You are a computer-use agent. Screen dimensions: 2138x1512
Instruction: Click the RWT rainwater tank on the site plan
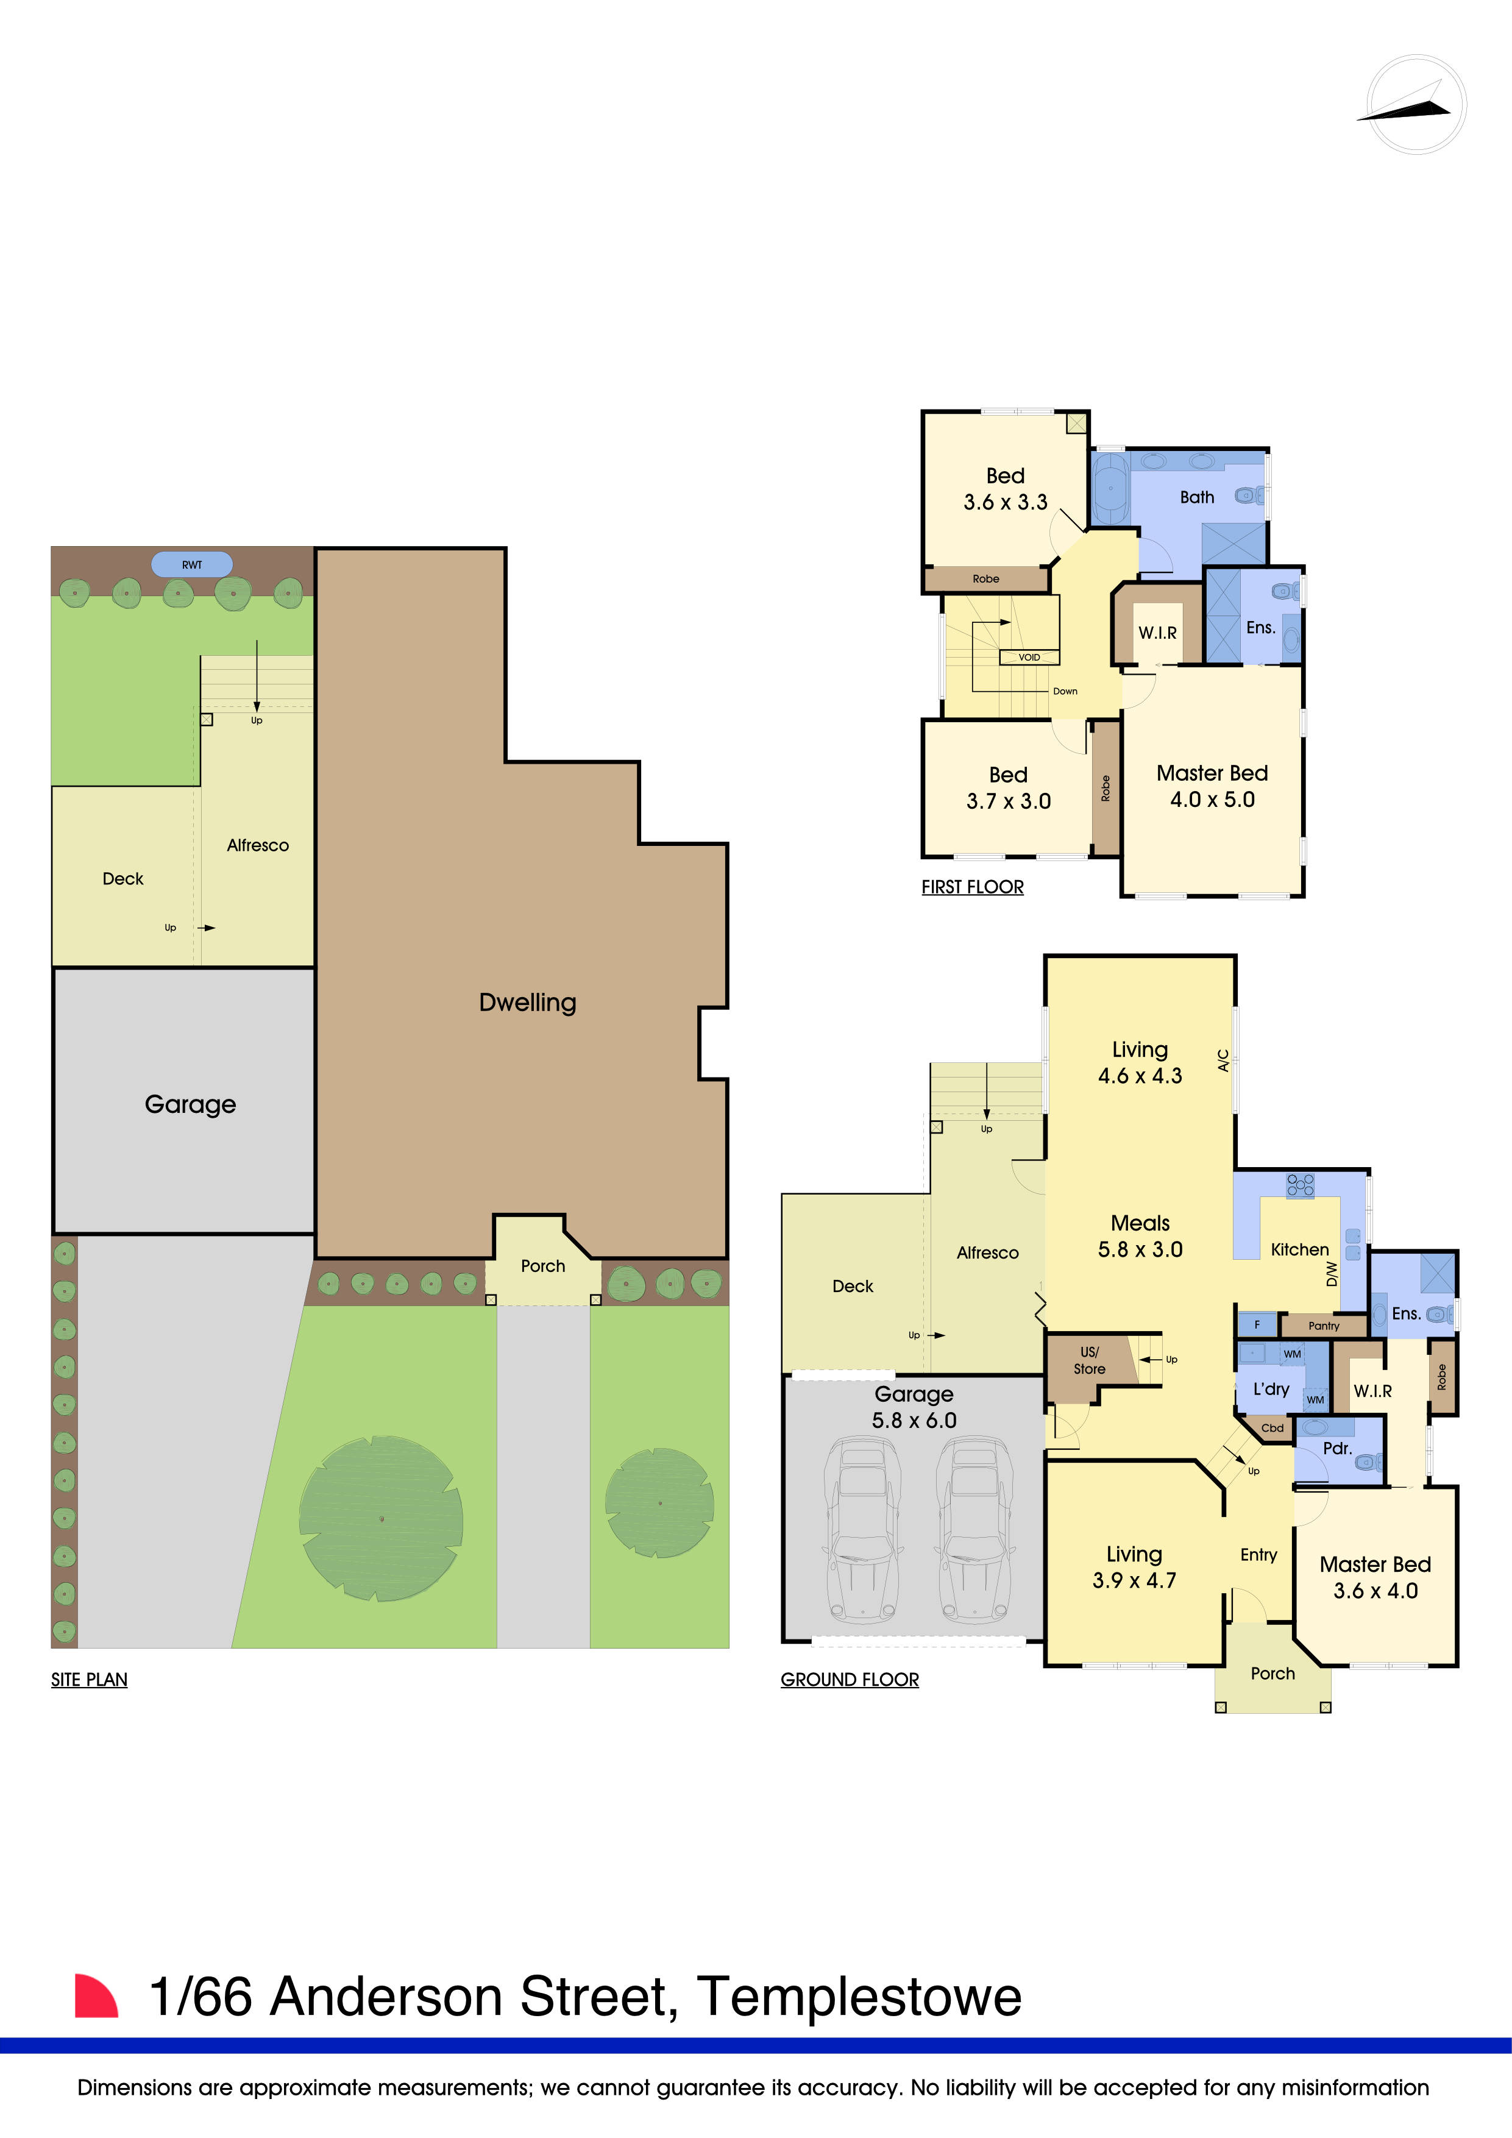tap(192, 564)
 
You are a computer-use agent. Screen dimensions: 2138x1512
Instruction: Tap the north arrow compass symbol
tap(1415, 104)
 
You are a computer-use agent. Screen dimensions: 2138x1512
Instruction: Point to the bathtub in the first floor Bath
tap(1111, 488)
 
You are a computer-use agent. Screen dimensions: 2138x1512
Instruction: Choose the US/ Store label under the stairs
tap(1089, 1360)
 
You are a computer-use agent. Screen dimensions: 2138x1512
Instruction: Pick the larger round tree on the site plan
tap(381, 1519)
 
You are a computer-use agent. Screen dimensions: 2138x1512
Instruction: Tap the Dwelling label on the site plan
tap(527, 1003)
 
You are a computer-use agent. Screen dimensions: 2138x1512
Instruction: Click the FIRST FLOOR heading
tap(972, 887)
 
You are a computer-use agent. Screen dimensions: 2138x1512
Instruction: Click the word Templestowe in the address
tap(859, 1997)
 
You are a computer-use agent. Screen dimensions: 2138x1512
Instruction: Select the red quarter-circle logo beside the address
tap(95, 1997)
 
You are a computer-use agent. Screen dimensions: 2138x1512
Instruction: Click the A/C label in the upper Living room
tap(1223, 1060)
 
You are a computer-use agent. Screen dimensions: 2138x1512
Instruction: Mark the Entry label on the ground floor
tap(1258, 1555)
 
